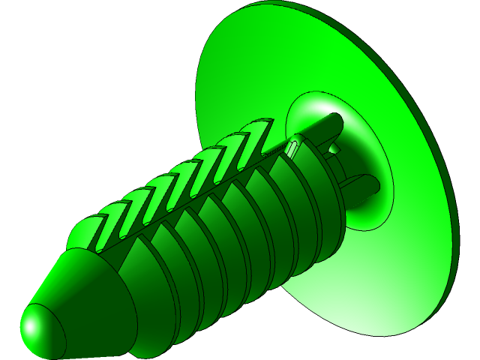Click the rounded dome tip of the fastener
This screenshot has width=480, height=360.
(x=42, y=330)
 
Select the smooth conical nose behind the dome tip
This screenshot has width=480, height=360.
(x=90, y=292)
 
